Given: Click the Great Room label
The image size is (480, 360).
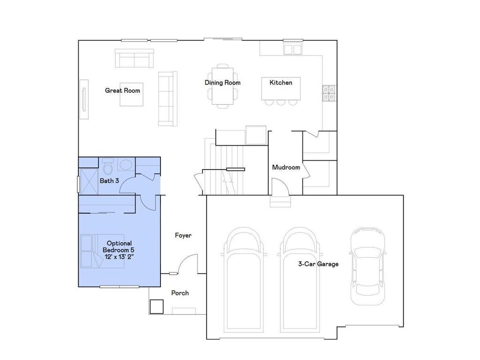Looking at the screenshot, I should [x=122, y=90].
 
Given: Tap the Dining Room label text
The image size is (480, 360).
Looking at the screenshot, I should [x=222, y=82].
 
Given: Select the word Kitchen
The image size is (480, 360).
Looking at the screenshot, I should [x=280, y=82].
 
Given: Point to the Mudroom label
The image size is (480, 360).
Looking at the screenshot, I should [x=285, y=167].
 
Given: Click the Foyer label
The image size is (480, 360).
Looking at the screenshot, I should [x=183, y=235].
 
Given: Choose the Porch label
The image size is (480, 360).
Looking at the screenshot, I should [x=180, y=293].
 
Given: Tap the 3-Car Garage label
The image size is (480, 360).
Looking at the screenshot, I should [x=318, y=264].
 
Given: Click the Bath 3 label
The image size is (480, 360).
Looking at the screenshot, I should [x=109, y=180].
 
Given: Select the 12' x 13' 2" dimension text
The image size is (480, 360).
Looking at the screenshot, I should [x=120, y=256].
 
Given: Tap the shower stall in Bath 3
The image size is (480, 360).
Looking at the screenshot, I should [x=88, y=181].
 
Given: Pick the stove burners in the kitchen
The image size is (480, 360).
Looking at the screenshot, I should [x=329, y=93].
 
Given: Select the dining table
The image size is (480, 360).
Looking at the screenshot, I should [x=223, y=87].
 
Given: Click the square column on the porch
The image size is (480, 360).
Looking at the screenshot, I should [x=156, y=307].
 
